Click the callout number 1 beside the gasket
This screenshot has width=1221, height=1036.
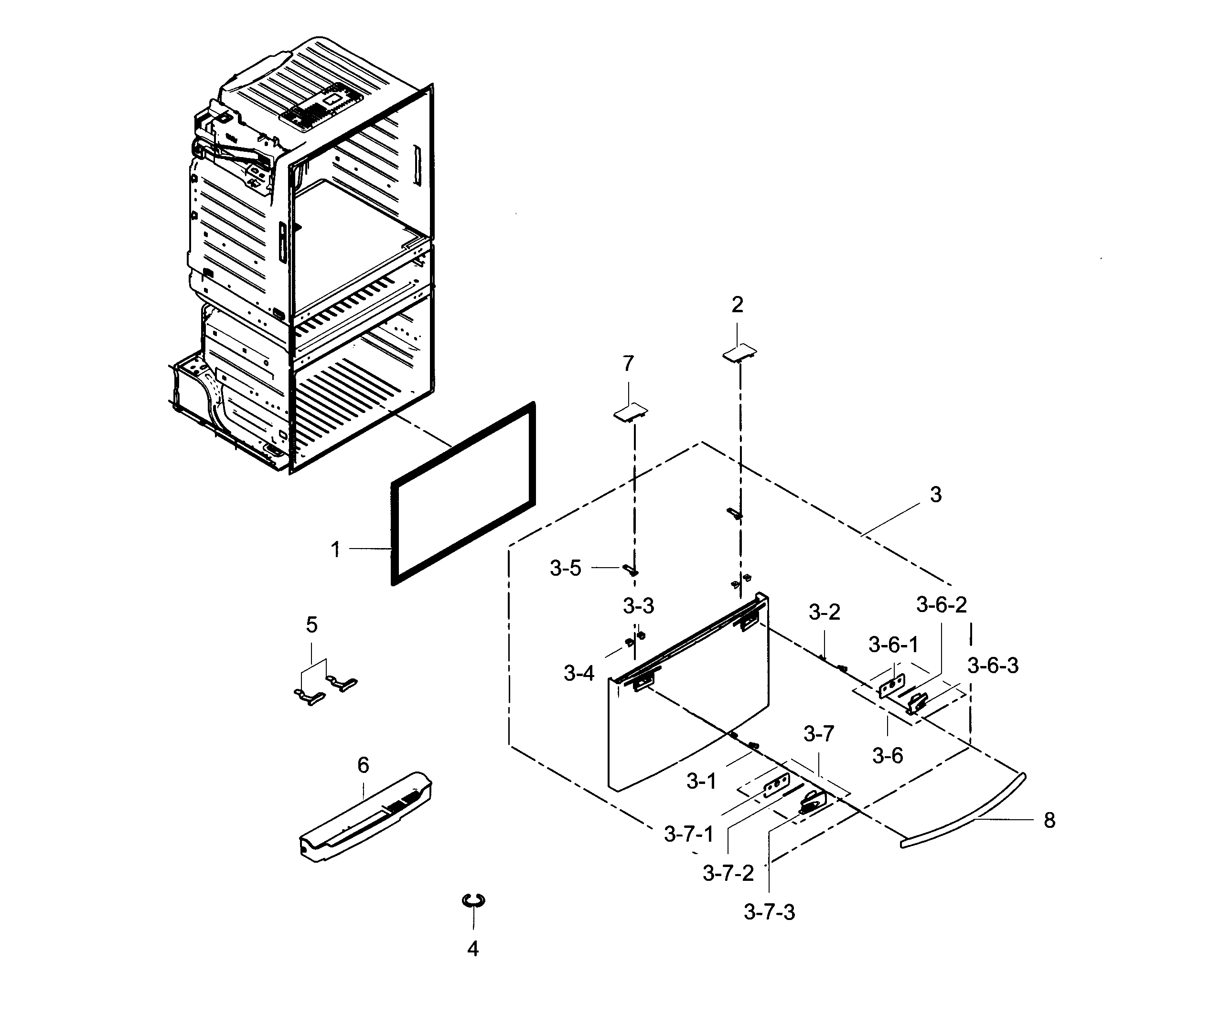(x=335, y=550)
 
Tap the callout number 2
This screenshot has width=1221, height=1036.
(x=737, y=305)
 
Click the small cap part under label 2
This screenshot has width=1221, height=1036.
(x=739, y=352)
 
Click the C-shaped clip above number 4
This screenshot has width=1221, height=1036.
(x=473, y=900)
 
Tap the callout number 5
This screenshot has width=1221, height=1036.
(x=311, y=625)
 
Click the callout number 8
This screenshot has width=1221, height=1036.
(x=1050, y=821)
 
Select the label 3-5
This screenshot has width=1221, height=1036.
(x=565, y=569)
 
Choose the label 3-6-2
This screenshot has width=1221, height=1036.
(x=942, y=604)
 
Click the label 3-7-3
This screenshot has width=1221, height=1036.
(x=769, y=912)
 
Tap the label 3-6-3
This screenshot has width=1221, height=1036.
(x=993, y=666)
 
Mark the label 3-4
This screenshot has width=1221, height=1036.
(x=579, y=674)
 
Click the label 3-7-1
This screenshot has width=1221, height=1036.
(x=689, y=834)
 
